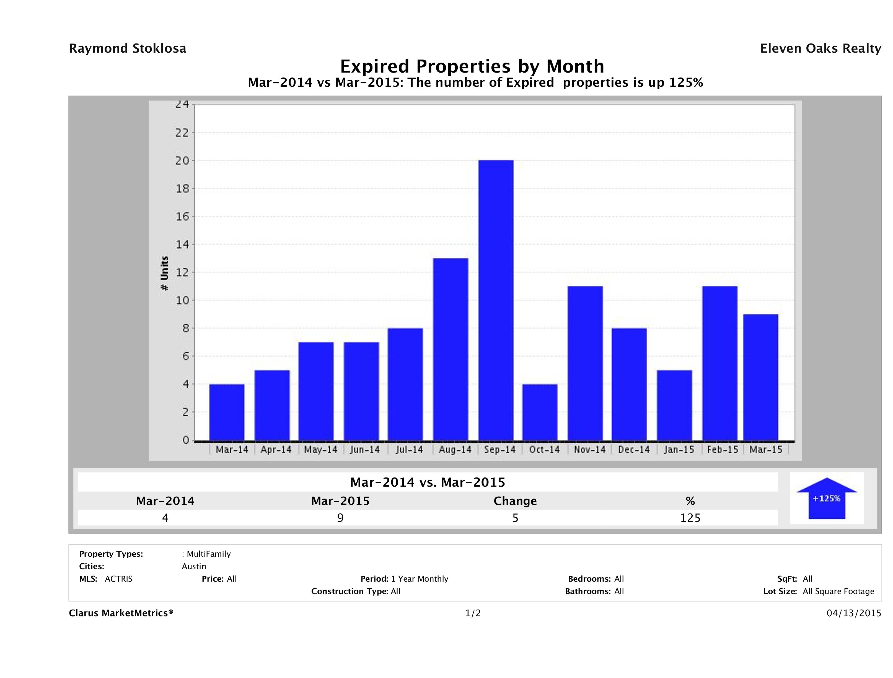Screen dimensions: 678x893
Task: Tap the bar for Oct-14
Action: [x=540, y=412]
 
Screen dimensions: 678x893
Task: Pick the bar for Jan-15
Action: [x=674, y=405]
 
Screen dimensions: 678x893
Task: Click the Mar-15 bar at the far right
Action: [x=760, y=377]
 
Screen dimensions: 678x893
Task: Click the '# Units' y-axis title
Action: [x=164, y=274]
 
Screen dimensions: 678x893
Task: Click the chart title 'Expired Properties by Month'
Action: [x=472, y=66]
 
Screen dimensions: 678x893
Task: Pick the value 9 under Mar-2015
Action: [x=340, y=518]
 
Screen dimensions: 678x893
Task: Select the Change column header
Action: [x=515, y=501]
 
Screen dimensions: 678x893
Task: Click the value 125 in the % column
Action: [x=690, y=518]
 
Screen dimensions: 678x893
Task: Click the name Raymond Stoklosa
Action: [x=128, y=48]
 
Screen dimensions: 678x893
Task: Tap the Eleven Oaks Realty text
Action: [x=820, y=48]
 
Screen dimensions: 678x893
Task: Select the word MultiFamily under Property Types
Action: [x=208, y=554]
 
